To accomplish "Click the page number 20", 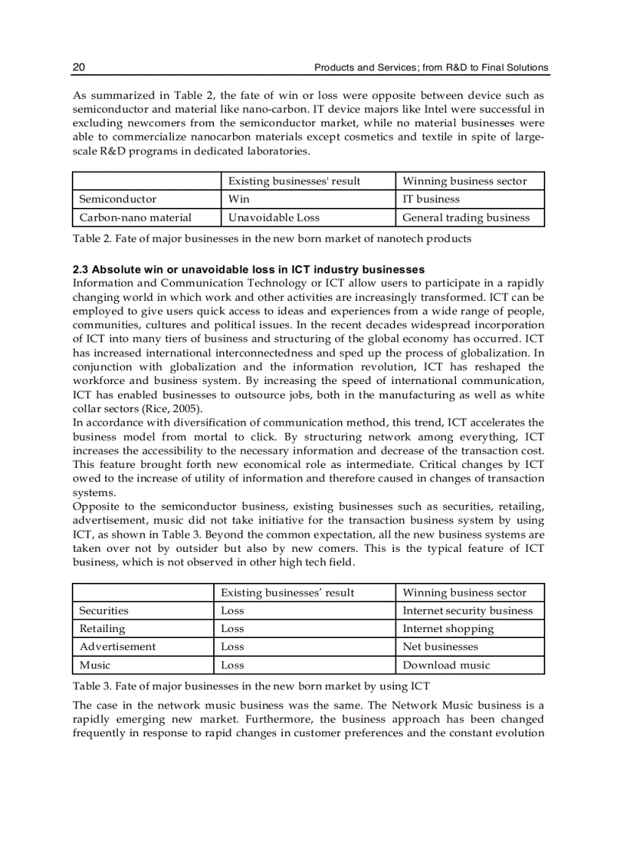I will point(79,67).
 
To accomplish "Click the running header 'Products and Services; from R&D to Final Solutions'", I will point(431,67).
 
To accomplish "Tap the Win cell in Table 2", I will point(239,200).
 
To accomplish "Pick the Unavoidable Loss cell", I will point(274,218).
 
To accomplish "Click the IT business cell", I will point(430,200).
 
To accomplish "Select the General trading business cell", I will point(466,218).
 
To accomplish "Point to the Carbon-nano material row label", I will point(135,218).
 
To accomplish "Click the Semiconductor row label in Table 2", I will point(118,200).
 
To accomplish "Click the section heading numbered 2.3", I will point(248,270).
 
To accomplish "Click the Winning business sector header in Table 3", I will point(464,593).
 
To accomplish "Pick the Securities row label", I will point(104,611).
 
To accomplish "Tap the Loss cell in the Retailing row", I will point(232,629).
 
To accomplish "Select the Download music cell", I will point(446,665).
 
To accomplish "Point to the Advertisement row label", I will point(117,647).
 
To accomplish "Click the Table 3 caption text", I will point(251,686).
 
